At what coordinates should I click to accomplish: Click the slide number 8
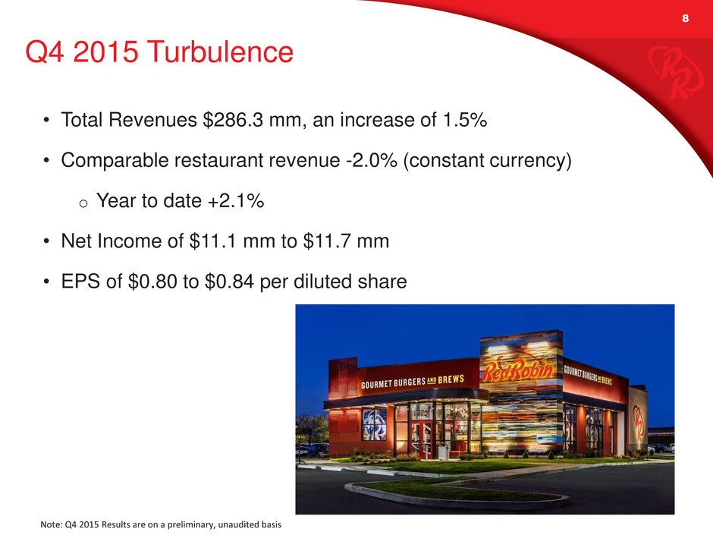pyautogui.click(x=685, y=18)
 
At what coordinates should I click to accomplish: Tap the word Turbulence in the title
pyautogui.click(x=220, y=52)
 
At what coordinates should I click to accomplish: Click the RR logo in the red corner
pyautogui.click(x=674, y=73)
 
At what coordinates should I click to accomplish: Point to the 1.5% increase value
pyautogui.click(x=464, y=120)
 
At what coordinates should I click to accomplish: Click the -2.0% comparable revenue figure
pyautogui.click(x=372, y=160)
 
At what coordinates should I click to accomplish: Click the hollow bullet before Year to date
pyautogui.click(x=83, y=203)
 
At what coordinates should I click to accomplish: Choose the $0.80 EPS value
pyautogui.click(x=152, y=281)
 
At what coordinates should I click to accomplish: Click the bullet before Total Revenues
pyautogui.click(x=46, y=121)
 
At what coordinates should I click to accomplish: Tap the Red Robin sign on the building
pyautogui.click(x=518, y=371)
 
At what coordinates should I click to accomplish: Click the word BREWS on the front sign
pyautogui.click(x=451, y=379)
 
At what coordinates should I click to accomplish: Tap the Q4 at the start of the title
pyautogui.click(x=46, y=52)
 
